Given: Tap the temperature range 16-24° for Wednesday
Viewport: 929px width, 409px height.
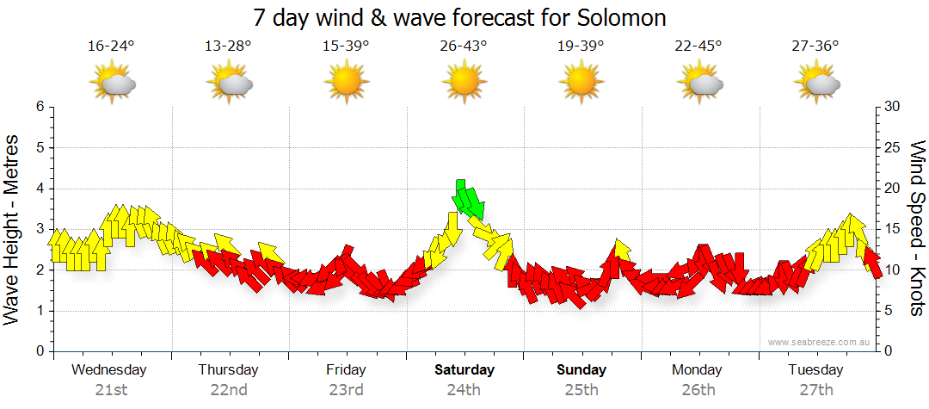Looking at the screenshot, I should [x=112, y=46].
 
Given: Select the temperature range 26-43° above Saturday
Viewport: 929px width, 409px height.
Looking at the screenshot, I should [x=464, y=46].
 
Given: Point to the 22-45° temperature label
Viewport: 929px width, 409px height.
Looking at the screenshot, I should [x=698, y=46].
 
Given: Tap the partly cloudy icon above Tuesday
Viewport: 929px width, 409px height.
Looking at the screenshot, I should [x=815, y=83].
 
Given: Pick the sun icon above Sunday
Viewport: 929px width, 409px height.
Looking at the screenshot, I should [x=581, y=83].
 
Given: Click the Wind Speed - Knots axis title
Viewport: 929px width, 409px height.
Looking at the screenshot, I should [x=917, y=229].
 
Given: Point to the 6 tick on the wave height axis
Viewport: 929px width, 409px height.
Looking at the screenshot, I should [x=39, y=107].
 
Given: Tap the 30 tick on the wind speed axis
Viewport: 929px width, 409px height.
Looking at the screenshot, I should [x=892, y=107].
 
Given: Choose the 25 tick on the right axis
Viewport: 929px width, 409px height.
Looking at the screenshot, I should [x=892, y=148].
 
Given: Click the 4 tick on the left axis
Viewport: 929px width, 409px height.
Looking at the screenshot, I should [x=39, y=189].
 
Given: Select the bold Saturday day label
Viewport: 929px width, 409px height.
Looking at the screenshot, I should [x=464, y=370].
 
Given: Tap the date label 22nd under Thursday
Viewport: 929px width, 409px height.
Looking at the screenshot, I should [x=228, y=390].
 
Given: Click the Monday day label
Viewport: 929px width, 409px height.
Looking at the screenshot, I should [x=698, y=370].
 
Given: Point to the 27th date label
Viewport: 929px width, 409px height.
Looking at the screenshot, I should [x=815, y=390].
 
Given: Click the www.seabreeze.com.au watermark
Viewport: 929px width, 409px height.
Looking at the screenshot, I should [x=820, y=342].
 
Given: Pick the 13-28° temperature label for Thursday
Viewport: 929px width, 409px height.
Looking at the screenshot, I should [x=228, y=46].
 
